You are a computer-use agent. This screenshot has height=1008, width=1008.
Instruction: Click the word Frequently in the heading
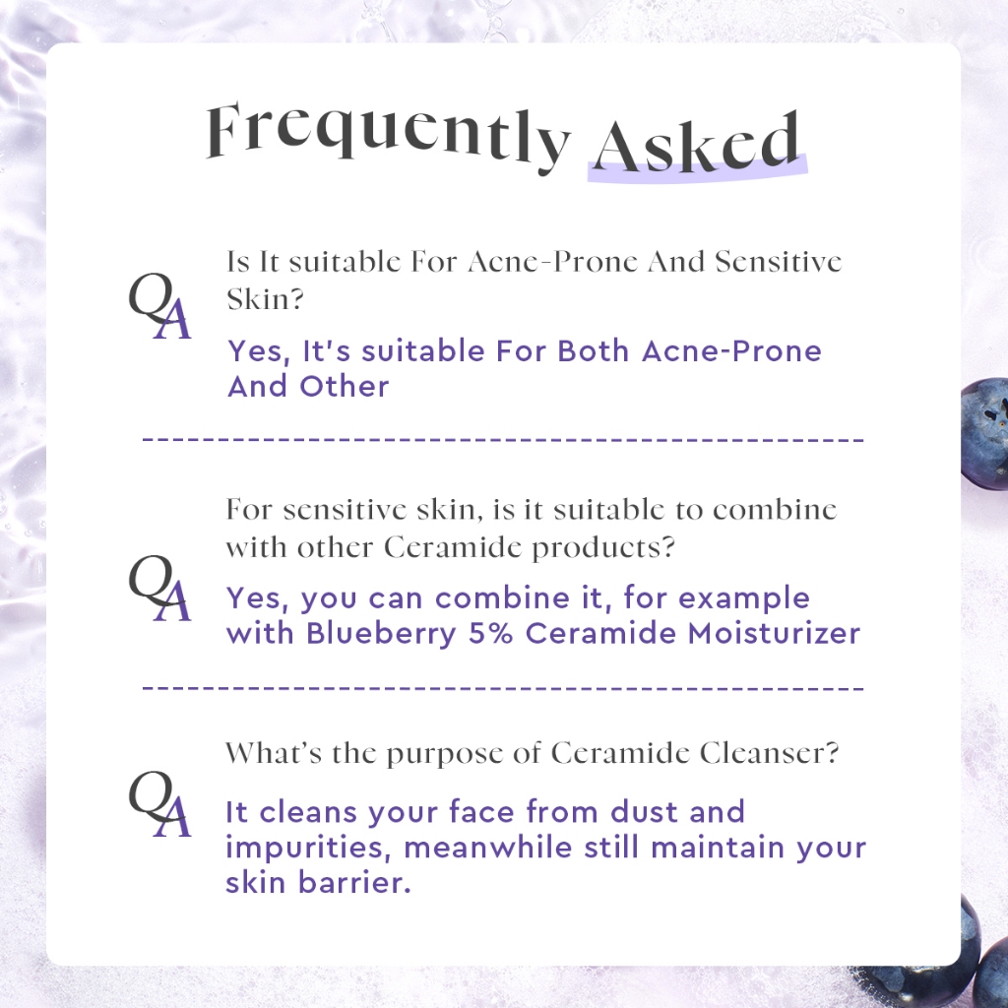click(x=388, y=136)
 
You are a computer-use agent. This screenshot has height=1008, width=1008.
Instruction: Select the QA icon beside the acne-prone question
click(x=160, y=305)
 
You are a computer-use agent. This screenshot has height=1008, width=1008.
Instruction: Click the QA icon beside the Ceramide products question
click(x=160, y=588)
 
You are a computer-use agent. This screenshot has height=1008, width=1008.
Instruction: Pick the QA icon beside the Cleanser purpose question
click(x=160, y=803)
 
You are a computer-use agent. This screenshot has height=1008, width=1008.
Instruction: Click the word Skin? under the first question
click(x=265, y=299)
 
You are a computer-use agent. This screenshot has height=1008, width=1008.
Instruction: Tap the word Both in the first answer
click(x=593, y=351)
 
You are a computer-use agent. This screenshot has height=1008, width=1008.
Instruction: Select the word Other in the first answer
click(x=344, y=386)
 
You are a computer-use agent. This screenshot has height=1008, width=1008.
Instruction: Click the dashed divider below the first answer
click(x=503, y=440)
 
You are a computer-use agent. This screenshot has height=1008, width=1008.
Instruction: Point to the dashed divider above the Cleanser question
click(x=503, y=688)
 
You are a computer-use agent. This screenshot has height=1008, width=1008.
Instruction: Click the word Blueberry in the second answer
click(x=381, y=633)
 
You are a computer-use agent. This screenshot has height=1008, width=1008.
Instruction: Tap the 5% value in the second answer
click(x=490, y=633)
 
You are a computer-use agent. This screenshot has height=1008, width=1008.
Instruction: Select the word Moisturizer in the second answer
click(x=774, y=633)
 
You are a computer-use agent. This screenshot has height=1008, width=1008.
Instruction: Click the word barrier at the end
click(x=354, y=883)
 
